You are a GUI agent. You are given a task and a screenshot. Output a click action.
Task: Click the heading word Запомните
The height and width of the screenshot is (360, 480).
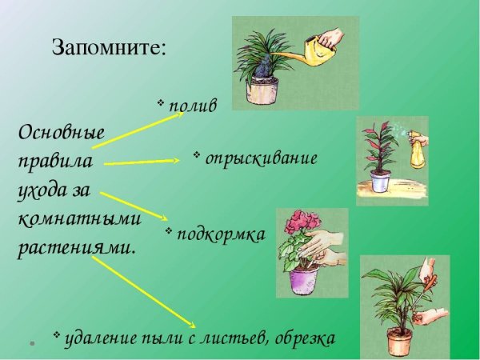[x=109, y=46]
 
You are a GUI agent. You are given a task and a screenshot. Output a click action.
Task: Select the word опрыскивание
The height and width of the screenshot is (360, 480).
[x=261, y=158]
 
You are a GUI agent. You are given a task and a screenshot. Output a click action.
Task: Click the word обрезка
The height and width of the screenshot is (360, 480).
[x=303, y=338]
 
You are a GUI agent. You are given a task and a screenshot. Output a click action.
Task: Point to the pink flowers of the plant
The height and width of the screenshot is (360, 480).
[x=303, y=223]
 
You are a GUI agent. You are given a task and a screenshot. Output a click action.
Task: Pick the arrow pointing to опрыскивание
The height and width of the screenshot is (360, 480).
[x=141, y=162]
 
